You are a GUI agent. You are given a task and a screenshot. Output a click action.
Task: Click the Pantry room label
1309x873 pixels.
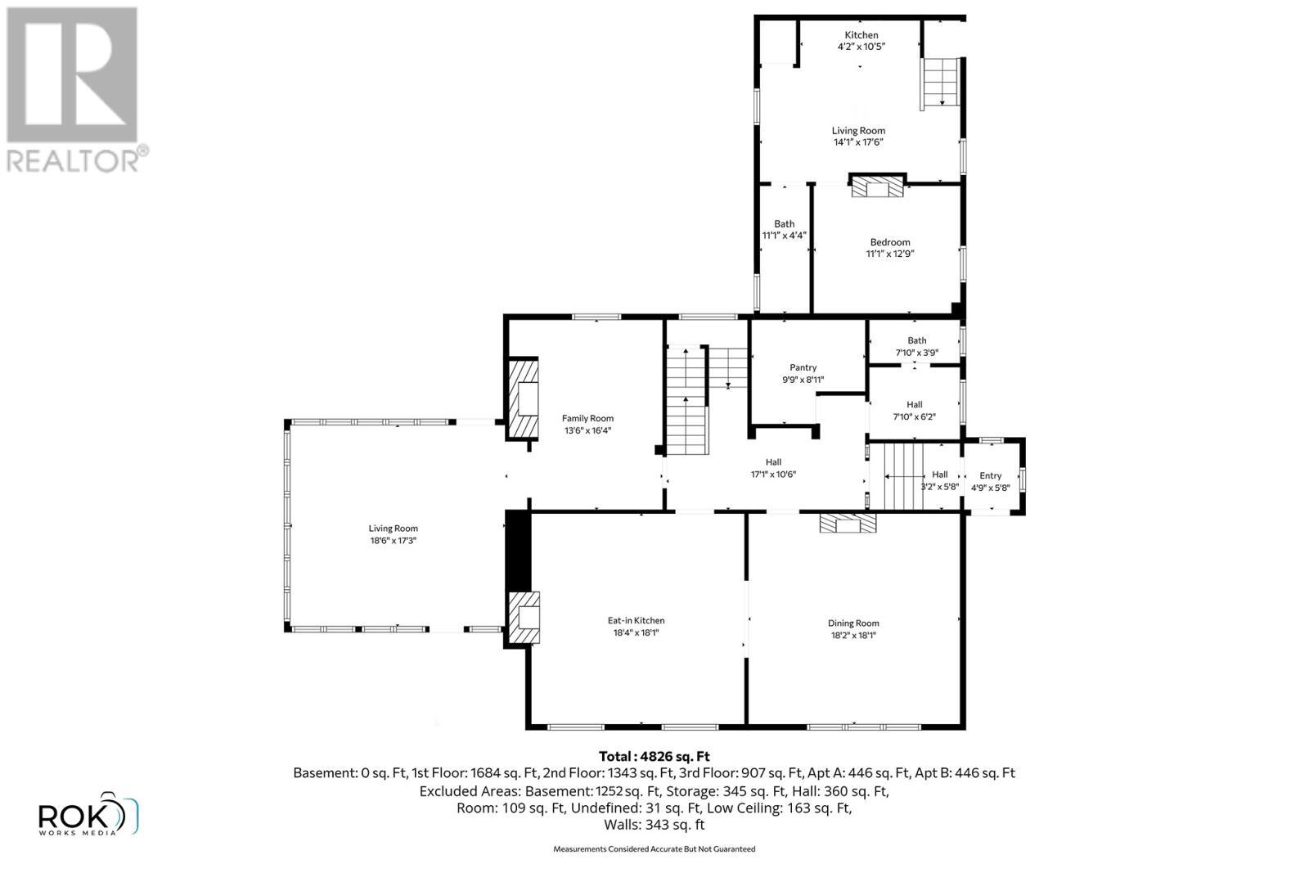point(803,367)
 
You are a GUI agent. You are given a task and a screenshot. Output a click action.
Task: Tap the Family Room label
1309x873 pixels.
point(587,418)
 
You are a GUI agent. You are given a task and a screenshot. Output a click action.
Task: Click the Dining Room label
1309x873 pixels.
point(853,623)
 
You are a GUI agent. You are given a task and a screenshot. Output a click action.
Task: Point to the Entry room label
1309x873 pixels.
point(990,475)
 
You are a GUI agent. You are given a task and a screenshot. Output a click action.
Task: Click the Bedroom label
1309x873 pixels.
point(889,241)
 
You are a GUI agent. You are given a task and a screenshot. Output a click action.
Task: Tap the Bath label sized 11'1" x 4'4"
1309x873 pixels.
point(784,223)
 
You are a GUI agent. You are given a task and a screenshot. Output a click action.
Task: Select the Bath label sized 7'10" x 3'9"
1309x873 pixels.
point(916,340)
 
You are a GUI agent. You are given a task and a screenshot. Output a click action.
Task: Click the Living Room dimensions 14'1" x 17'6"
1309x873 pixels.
point(858,142)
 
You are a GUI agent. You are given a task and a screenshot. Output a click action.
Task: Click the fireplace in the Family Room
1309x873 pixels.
point(524,399)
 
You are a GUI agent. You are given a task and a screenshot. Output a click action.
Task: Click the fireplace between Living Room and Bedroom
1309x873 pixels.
point(878,188)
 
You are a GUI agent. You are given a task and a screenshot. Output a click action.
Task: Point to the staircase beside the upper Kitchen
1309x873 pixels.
point(941,83)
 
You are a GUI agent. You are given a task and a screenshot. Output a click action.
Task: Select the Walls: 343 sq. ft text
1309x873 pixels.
point(654,825)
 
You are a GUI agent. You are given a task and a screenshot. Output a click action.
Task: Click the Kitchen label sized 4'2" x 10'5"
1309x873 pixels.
point(861,35)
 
